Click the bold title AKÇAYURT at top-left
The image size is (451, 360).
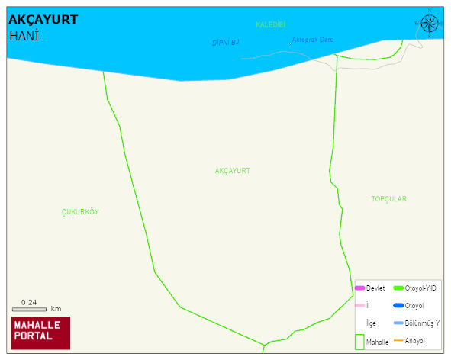[x=43, y=19]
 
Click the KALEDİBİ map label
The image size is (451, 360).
[x=270, y=25]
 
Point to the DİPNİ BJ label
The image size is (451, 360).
[x=226, y=43]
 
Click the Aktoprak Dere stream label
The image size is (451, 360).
[x=312, y=40]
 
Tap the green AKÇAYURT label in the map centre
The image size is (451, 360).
[x=232, y=171]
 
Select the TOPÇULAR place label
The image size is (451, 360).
[x=388, y=199]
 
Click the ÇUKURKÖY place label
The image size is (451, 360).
[x=80, y=212]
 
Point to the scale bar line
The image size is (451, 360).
[x=30, y=309]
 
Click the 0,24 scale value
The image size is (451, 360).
[x=29, y=302]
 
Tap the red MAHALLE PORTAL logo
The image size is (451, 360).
[x=40, y=332]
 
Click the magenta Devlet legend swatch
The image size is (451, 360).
[x=359, y=288]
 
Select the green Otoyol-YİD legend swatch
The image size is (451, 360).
[x=398, y=288]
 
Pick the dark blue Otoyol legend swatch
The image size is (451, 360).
[x=398, y=305]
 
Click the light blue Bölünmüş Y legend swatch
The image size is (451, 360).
[x=398, y=323]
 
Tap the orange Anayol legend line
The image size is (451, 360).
[x=398, y=340]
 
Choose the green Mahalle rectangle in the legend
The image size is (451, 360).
[x=359, y=342]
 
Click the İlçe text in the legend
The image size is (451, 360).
[x=372, y=323]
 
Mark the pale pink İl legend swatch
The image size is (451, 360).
[x=359, y=305]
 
